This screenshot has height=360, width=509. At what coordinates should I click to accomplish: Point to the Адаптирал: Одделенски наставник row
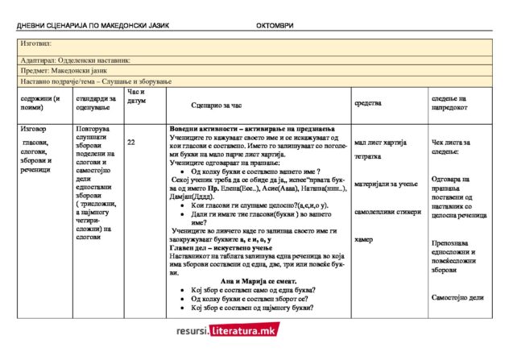[x=76, y=60]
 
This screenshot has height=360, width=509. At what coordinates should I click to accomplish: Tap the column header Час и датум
[x=137, y=97]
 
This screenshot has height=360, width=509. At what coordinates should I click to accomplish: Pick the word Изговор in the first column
[x=34, y=129]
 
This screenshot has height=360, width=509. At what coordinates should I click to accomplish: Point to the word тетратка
[x=368, y=157]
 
